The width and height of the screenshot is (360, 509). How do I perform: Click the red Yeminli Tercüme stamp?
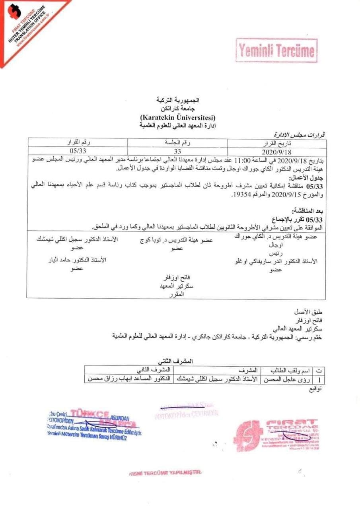[277, 51]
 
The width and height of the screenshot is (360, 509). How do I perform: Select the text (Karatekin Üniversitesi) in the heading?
[177, 118]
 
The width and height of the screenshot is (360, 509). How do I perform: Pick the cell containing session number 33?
[177, 151]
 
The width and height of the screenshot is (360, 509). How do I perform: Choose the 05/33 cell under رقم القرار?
[77, 151]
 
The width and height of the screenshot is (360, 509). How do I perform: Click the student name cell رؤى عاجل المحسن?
[286, 379]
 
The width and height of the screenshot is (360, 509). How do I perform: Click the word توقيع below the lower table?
[315, 389]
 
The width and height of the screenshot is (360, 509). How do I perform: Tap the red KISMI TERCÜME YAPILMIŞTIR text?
[165, 473]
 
